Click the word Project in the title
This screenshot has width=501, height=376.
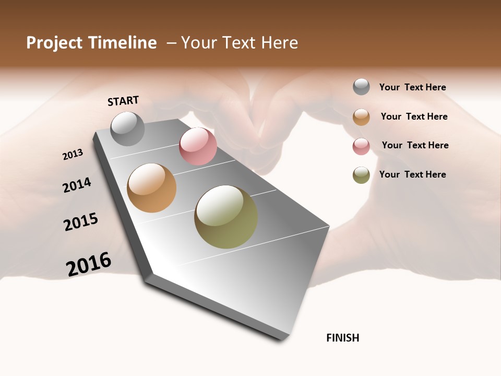pyautogui.click(x=53, y=43)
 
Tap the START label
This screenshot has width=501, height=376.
pyautogui.click(x=123, y=101)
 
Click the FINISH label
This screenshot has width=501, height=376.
pyautogui.click(x=343, y=338)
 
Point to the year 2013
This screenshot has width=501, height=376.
pyautogui.click(x=73, y=155)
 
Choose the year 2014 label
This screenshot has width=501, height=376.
pyautogui.click(x=77, y=185)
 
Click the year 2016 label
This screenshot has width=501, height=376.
pyautogui.click(x=89, y=264)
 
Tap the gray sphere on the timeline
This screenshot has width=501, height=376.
pyautogui.click(x=128, y=128)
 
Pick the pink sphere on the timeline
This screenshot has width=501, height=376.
pyautogui.click(x=198, y=146)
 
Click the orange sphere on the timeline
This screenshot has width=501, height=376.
pyautogui.click(x=151, y=188)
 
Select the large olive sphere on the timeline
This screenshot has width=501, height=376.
pyautogui.click(x=226, y=217)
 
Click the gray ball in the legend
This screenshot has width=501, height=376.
pyautogui.click(x=361, y=87)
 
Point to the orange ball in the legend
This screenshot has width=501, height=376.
pyautogui.click(x=361, y=117)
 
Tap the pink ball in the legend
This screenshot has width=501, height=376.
pyautogui.click(x=361, y=146)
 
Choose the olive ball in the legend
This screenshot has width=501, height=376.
pyautogui.click(x=361, y=175)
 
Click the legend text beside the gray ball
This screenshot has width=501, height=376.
pyautogui.click(x=413, y=87)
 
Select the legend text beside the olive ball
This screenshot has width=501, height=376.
pyautogui.click(x=413, y=174)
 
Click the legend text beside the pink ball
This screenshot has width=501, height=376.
pyautogui.click(x=415, y=145)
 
